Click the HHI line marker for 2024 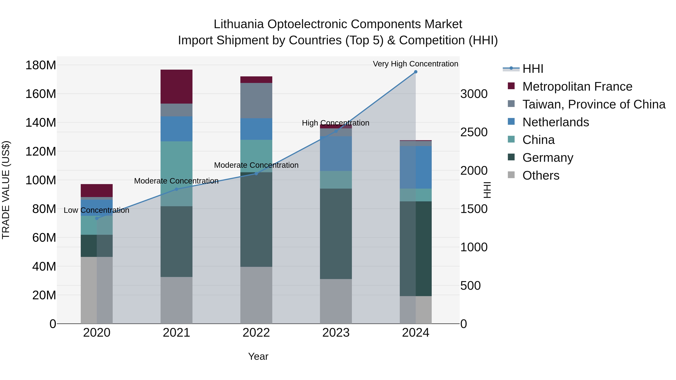[x=415, y=72]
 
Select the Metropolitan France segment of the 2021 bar [x=176, y=87]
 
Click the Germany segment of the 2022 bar [x=256, y=220]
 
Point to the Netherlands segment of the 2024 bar [x=415, y=167]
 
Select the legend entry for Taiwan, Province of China [x=594, y=104]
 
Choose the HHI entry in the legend [x=533, y=69]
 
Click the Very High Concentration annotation [x=415, y=64]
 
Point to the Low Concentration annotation [x=96, y=210]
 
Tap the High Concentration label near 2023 [x=335, y=123]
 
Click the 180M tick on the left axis [x=41, y=65]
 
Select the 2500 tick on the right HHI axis [x=474, y=132]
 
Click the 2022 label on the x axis [x=256, y=333]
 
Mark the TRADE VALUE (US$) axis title [x=6, y=190]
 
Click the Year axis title [x=258, y=356]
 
